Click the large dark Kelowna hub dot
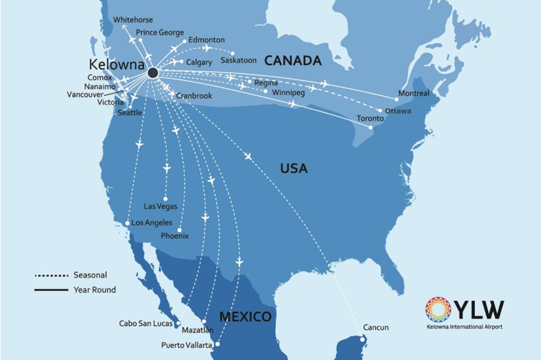pyautogui.click(x=152, y=73)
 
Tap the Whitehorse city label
pyautogui.click(x=132, y=20)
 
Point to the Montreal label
pyautogui.click(x=414, y=93)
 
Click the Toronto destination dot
pyautogui.click(x=370, y=127)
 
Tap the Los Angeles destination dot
pyautogui.click(x=128, y=223)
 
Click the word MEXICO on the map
pyautogui.click(x=245, y=316)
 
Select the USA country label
pyautogui.click(x=294, y=168)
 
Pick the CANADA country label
pyautogui.click(x=292, y=60)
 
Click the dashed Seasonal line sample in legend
pyautogui.click(x=51, y=275)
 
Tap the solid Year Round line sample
pyautogui.click(x=51, y=290)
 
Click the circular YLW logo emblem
pyautogui.click(x=438, y=310)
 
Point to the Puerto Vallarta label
pyautogui.click(x=186, y=345)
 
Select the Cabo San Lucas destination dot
pyautogui.click(x=178, y=323)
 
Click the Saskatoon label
pyautogui.click(x=239, y=60)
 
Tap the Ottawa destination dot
pyautogui.click(x=380, y=111)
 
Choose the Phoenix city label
pyautogui.click(x=175, y=236)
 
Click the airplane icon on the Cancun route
pyautogui.click(x=247, y=156)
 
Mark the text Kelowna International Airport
pyautogui.click(x=465, y=326)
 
